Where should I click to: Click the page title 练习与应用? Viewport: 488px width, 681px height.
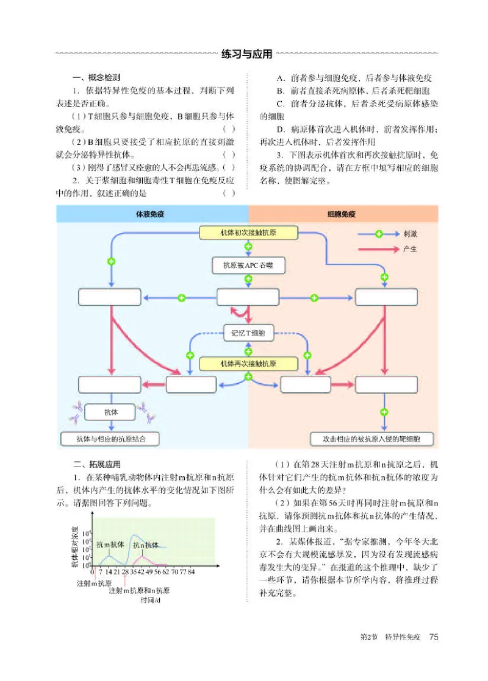(x=246, y=54)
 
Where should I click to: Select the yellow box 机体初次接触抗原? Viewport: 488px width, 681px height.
(x=248, y=233)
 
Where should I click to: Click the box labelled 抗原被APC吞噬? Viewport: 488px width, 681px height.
(x=248, y=266)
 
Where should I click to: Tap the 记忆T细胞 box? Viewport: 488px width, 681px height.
(x=248, y=333)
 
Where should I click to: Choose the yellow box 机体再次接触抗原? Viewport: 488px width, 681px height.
(x=248, y=363)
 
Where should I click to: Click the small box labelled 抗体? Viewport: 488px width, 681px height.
(x=110, y=412)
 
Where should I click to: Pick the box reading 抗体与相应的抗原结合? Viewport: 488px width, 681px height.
(x=110, y=438)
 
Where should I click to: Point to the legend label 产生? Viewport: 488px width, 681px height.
(x=410, y=249)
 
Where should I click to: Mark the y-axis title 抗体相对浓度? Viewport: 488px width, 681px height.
(x=74, y=546)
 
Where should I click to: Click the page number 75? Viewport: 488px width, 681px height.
(x=434, y=637)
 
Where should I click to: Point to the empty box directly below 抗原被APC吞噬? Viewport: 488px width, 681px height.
(x=248, y=297)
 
